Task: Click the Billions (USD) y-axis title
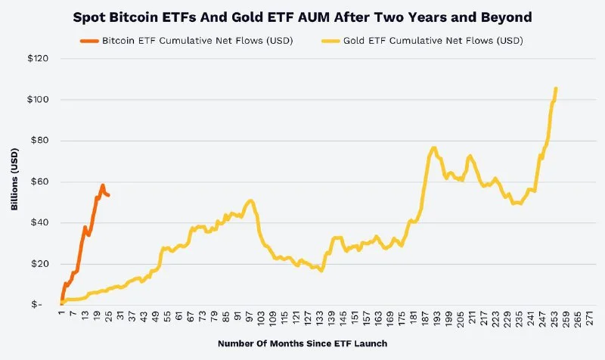click(15, 182)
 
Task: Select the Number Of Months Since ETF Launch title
click(302, 344)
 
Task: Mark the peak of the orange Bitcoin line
click(102, 185)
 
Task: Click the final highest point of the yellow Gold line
click(556, 88)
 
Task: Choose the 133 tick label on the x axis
click(321, 318)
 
